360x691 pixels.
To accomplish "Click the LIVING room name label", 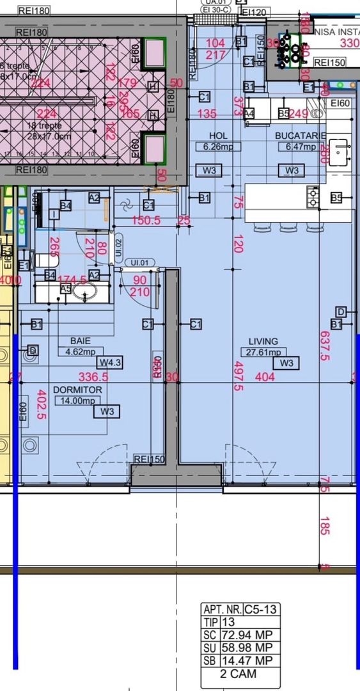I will click(263, 342).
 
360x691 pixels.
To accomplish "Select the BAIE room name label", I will click(80, 341).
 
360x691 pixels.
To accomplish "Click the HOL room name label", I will click(218, 136).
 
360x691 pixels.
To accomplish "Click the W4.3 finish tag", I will click(110, 363).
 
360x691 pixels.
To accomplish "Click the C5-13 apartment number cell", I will click(260, 610).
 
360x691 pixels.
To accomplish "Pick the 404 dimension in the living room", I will click(264, 377).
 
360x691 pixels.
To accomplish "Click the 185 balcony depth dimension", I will click(325, 526).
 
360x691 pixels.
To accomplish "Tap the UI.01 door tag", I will click(139, 262).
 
